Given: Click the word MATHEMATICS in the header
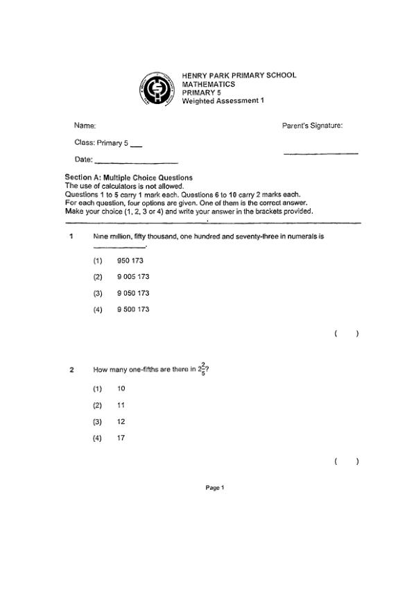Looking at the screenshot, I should tap(208, 84).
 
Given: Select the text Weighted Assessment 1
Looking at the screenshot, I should tap(223, 101).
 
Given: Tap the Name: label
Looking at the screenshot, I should tap(85, 126).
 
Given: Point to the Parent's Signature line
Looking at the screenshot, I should tap(321, 153).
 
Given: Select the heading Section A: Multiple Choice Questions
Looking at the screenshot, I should tap(128, 178).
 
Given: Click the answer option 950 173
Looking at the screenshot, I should tap(130, 260).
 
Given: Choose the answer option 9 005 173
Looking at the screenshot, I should tap(133, 277).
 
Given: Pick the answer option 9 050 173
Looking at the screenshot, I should tap(133, 293).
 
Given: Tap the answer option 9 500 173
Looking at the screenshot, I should tap(133, 309).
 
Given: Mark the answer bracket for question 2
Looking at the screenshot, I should tap(347, 461).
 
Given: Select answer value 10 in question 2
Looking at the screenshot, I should tap(121, 389).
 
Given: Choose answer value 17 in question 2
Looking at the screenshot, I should tap(121, 438).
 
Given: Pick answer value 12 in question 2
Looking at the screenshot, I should tap(121, 422).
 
